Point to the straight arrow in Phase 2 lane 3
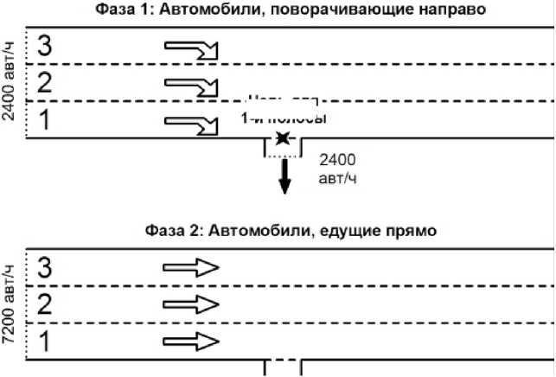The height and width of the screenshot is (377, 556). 191,268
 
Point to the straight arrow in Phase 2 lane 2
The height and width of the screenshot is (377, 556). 191,304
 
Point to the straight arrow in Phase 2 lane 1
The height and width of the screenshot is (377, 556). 191,341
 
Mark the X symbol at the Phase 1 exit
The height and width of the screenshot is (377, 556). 282,138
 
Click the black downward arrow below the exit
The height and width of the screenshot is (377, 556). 284,176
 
